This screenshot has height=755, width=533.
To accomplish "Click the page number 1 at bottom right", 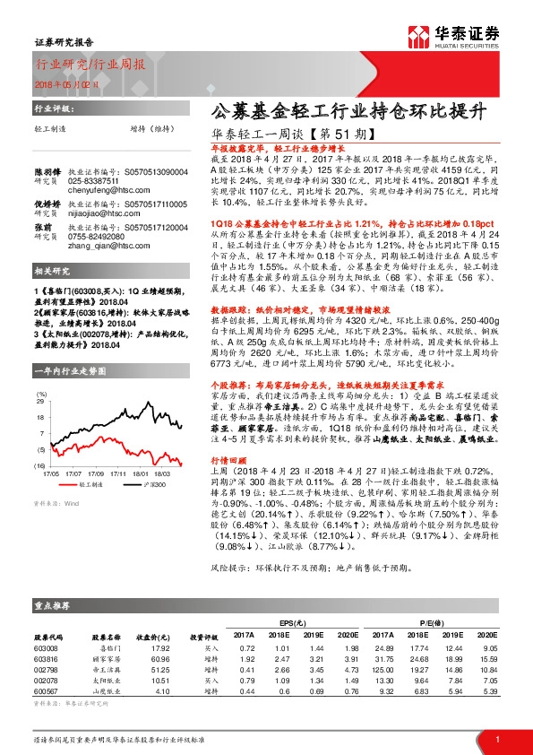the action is click(497, 739).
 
